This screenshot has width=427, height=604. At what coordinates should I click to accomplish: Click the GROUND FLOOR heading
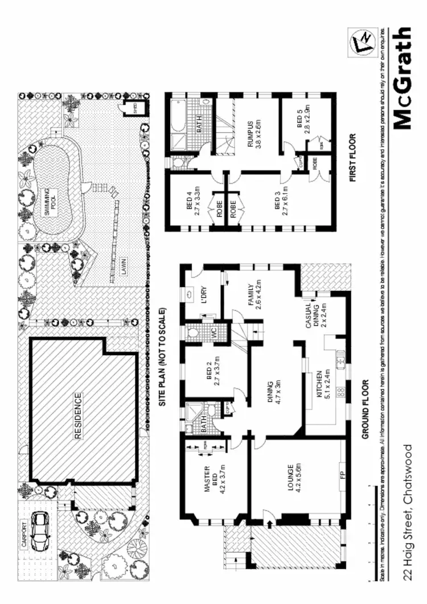click(x=366, y=409)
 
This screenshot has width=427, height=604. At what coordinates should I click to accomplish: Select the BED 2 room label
click(x=208, y=373)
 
